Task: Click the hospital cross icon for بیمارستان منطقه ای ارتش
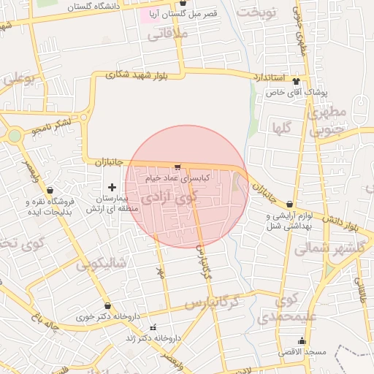112,188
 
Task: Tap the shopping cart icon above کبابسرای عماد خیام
178,167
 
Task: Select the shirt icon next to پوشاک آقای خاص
296,82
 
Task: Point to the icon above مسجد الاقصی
302,341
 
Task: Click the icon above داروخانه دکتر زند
153,327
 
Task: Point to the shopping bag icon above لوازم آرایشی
291,205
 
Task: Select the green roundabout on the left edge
14,135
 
